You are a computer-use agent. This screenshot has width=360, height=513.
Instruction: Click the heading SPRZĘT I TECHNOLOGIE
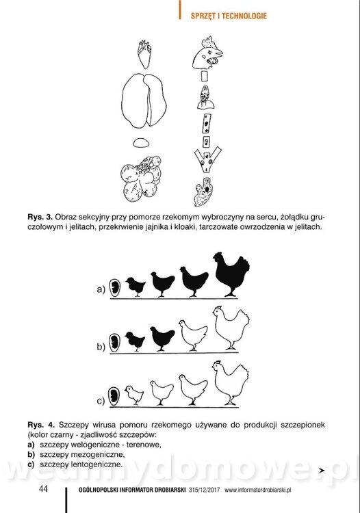pos(229,16)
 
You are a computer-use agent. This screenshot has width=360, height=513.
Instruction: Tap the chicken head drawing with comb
pos(207,53)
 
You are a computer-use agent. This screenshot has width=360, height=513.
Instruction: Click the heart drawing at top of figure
pos(144,54)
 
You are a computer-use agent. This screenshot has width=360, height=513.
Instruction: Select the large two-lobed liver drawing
pos(144,101)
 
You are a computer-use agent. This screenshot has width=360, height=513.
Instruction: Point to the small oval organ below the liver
pos(142,143)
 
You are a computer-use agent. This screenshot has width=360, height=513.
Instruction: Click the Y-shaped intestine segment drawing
pos(207,159)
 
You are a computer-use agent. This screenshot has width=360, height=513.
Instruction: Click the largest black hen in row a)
pos(232,274)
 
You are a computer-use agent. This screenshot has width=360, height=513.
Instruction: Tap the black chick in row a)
pos(136,287)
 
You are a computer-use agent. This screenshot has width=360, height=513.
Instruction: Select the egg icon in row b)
pos(114,343)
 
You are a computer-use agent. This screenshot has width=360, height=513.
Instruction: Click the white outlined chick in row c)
pos(134,395)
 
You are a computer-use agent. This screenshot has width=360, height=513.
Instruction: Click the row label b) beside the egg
pos(101,347)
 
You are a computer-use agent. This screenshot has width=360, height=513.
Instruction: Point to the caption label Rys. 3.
pos(40,218)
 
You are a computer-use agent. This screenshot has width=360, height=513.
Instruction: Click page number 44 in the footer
pos(43,489)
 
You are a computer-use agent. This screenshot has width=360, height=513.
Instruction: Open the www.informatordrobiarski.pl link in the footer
pos(257,490)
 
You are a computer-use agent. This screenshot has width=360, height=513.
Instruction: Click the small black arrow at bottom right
pos(322,471)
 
